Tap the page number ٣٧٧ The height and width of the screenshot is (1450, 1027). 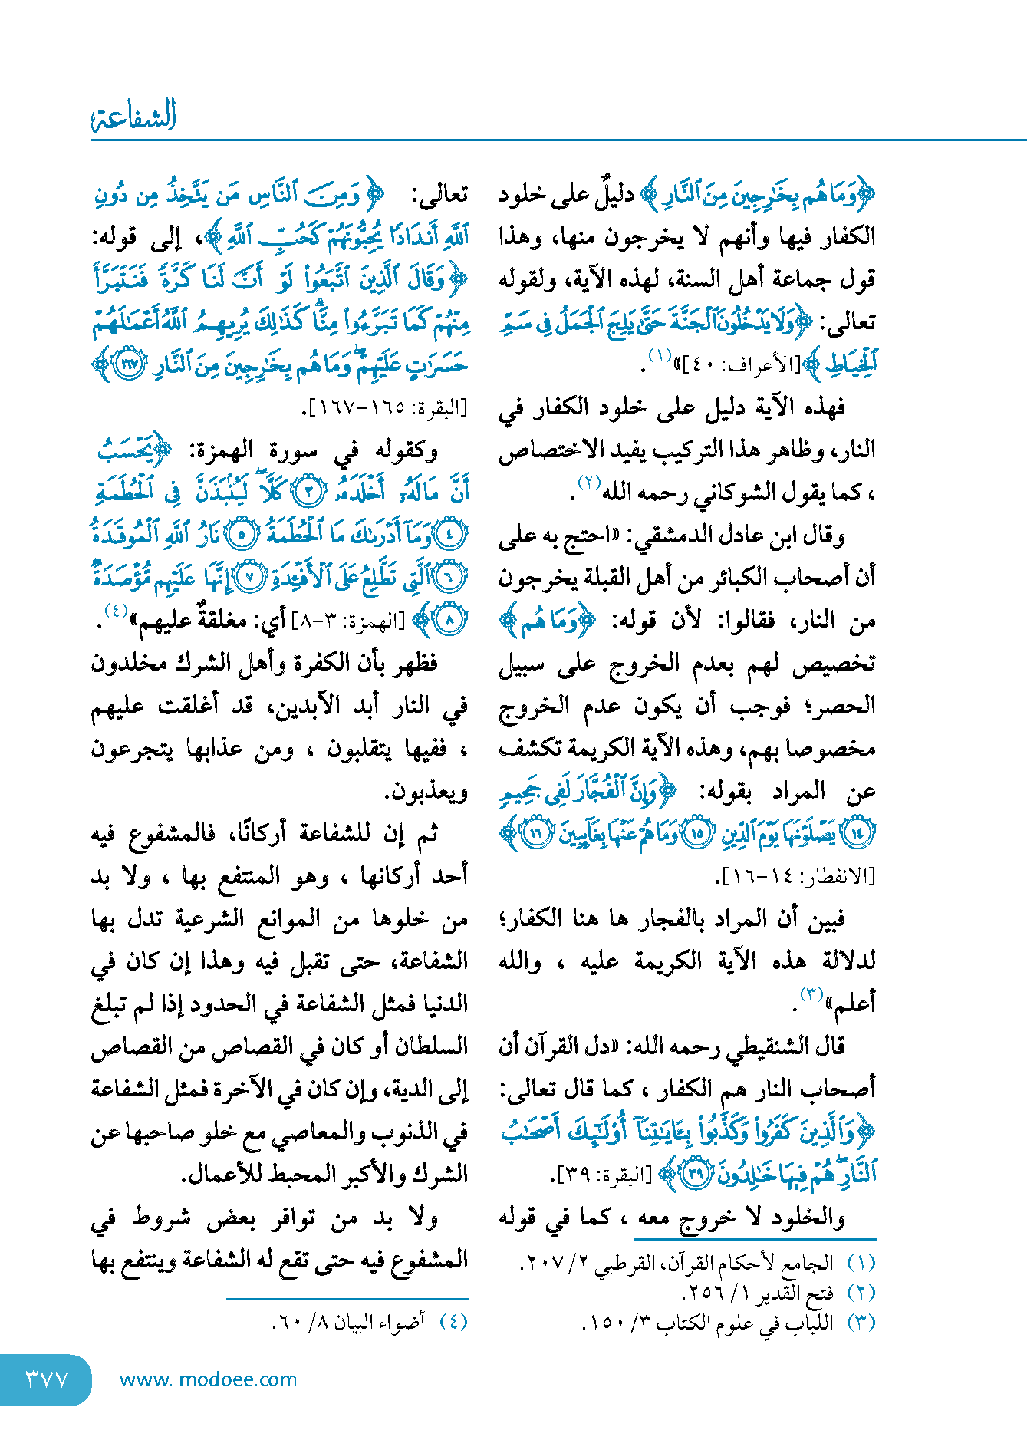pos(48,1379)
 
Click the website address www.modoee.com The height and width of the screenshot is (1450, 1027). pos(208,1379)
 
